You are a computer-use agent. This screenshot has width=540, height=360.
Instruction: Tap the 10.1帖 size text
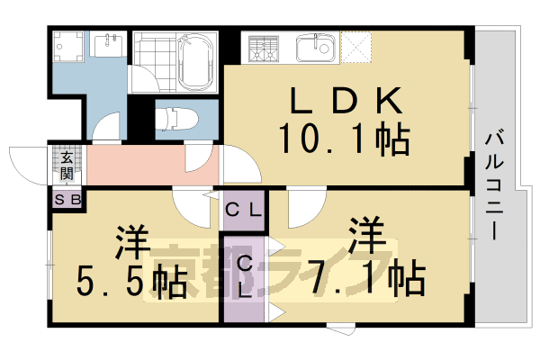click(x=344, y=140)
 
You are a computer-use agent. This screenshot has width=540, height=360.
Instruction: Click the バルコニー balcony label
click(x=494, y=184)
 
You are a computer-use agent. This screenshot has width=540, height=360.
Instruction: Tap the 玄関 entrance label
click(x=67, y=166)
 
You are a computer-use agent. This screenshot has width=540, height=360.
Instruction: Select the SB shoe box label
click(x=67, y=200)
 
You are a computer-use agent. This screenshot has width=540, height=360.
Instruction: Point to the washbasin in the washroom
click(x=110, y=45)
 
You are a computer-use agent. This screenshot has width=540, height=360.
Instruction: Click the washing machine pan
click(x=67, y=45)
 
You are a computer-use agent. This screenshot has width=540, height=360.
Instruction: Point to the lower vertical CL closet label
click(x=245, y=277)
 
